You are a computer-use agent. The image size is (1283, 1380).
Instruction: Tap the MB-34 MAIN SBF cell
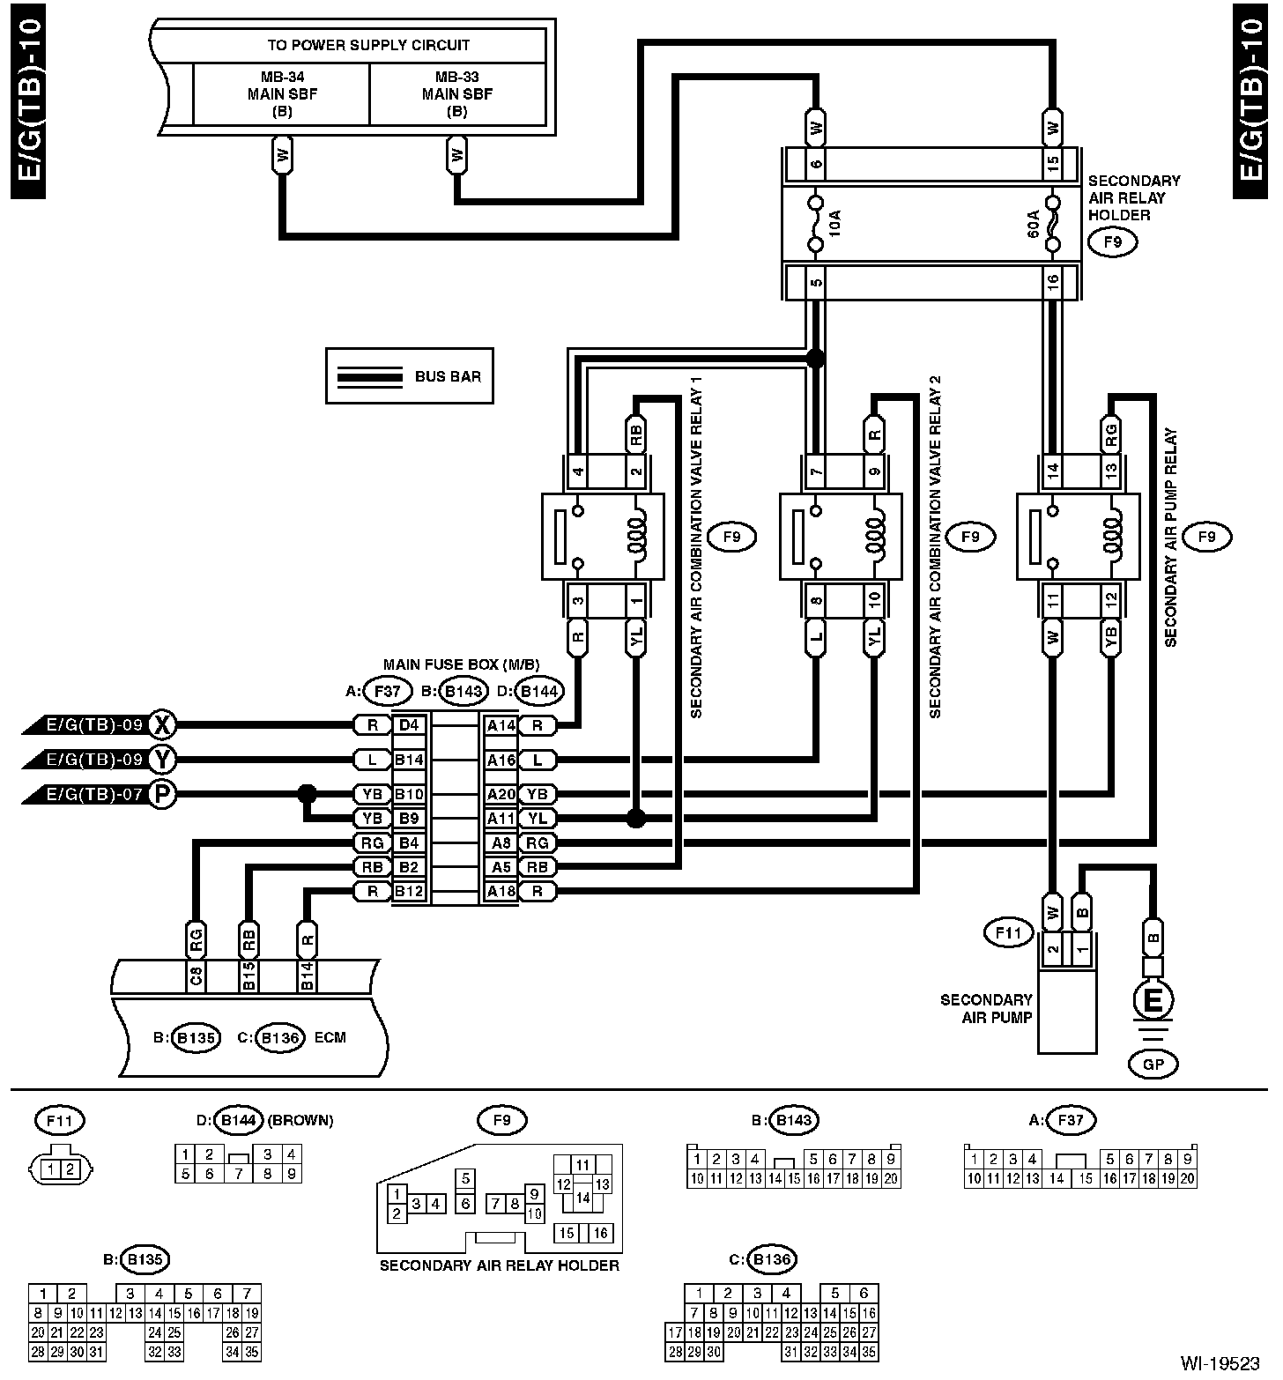(282, 93)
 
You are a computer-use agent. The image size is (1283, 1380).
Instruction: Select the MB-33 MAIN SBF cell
(456, 93)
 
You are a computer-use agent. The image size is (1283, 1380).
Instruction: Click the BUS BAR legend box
(409, 376)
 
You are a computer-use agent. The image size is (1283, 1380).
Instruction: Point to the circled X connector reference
(162, 725)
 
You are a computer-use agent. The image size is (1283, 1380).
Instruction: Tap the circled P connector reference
(162, 794)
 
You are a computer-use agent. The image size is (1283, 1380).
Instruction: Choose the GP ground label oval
(1153, 1065)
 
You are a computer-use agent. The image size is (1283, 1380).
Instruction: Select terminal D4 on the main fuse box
(410, 725)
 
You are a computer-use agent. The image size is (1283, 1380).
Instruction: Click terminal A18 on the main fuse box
(501, 891)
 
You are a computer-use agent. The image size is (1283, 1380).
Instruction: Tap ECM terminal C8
(197, 976)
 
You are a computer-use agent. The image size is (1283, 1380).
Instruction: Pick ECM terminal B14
(307, 976)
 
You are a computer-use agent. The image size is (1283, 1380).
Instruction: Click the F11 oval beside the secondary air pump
(1008, 931)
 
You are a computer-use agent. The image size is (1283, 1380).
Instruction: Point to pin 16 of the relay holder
(1051, 282)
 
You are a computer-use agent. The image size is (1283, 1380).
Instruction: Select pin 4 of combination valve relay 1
(577, 471)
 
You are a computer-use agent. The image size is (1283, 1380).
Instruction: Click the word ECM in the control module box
(330, 1037)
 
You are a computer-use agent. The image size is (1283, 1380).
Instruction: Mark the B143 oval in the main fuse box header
(464, 691)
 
